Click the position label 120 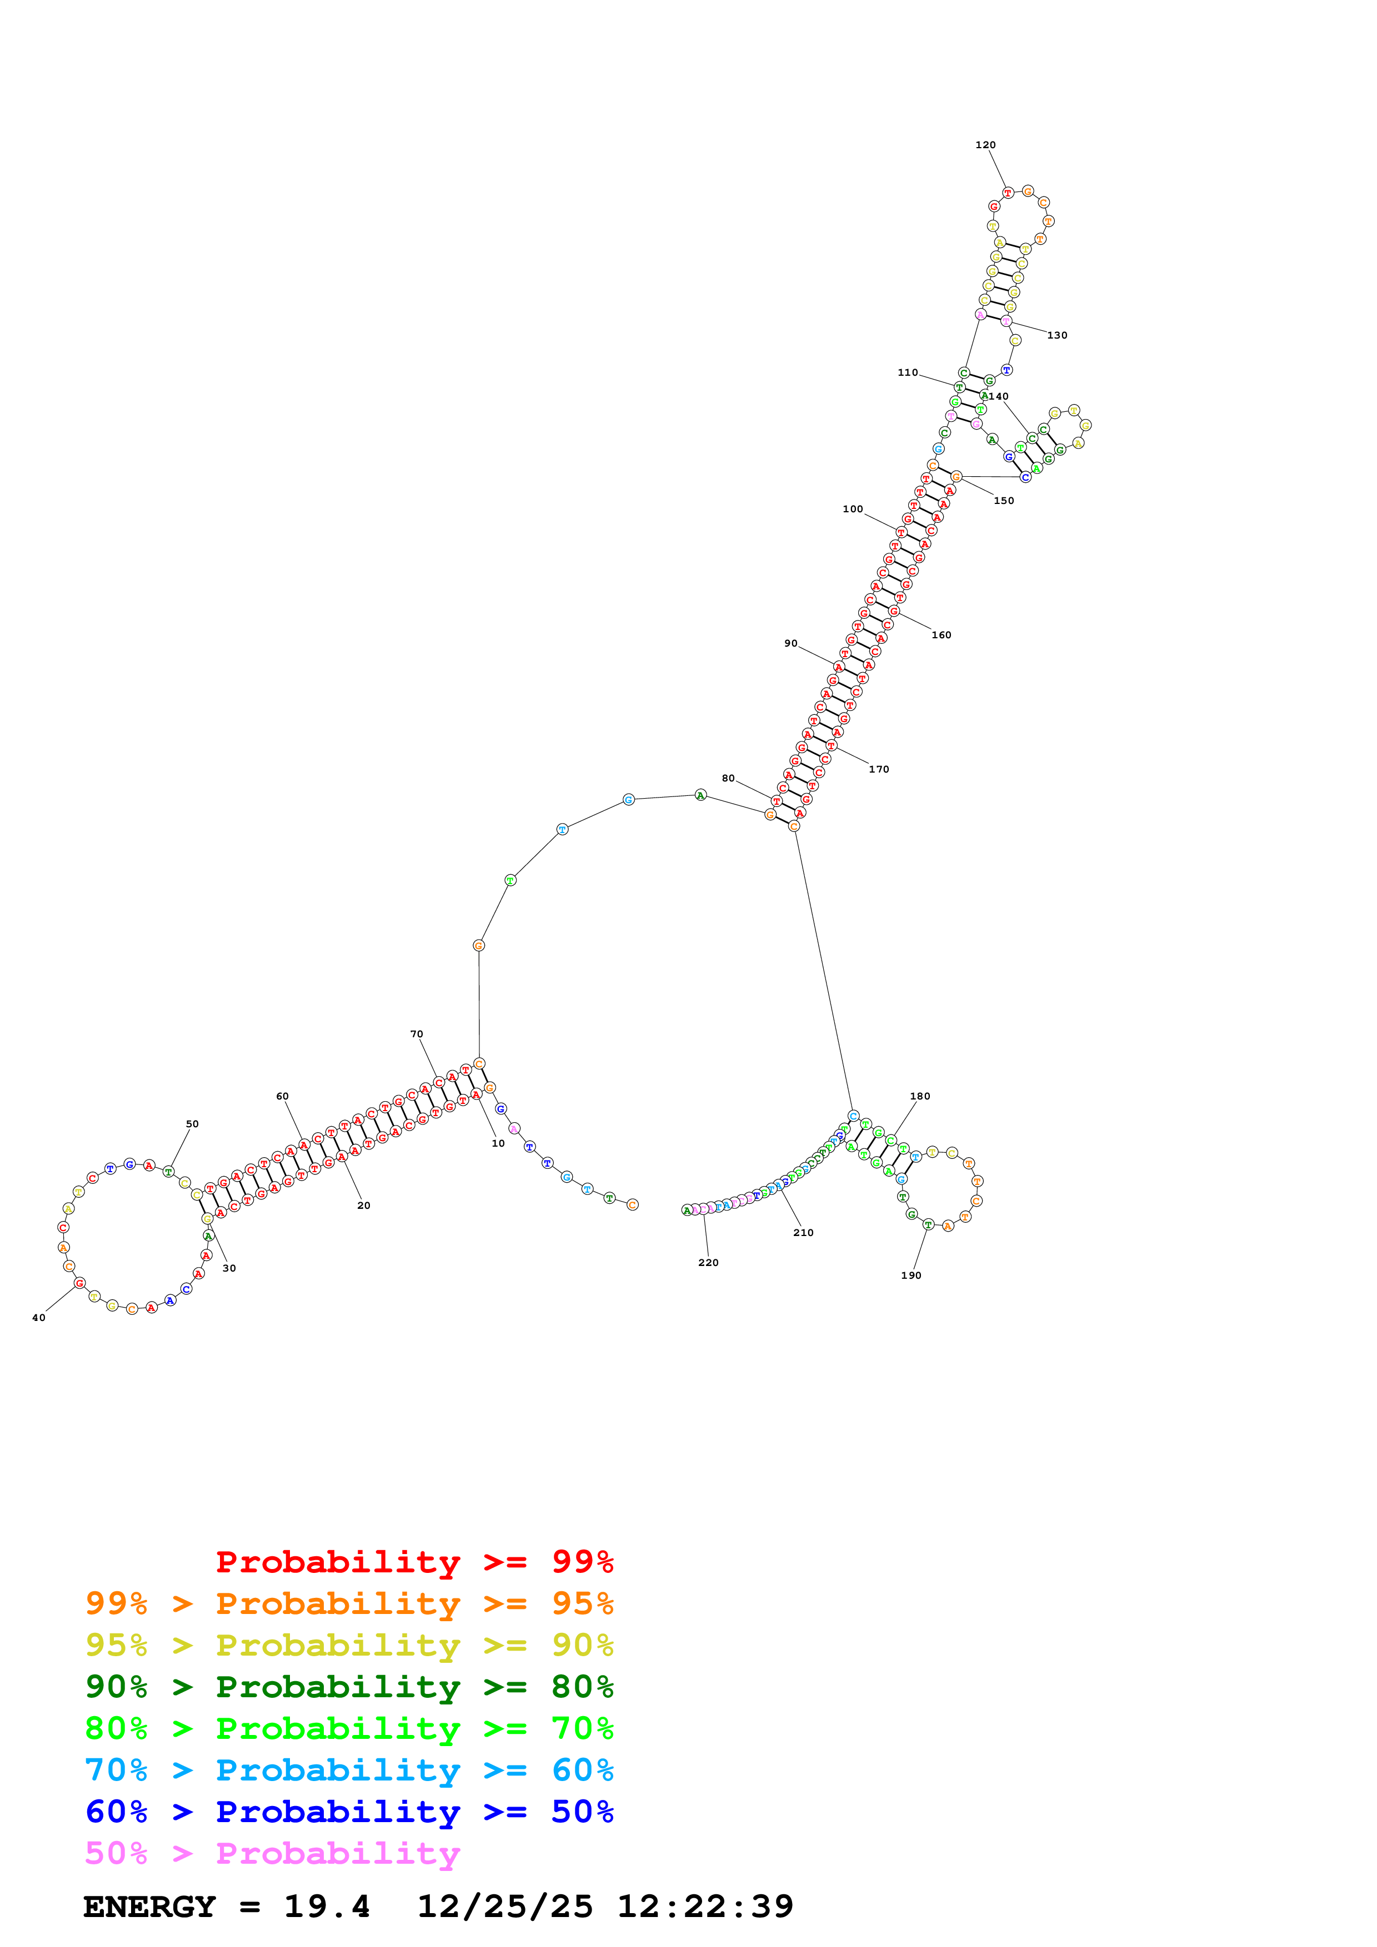985,145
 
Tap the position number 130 1057,335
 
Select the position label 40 38,1318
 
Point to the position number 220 708,1263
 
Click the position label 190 911,1275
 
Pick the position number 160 942,635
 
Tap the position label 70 417,1035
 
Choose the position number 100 853,509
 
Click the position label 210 803,1233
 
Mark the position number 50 193,1124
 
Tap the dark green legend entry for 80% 349,1687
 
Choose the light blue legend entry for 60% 349,1770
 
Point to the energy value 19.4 327,1906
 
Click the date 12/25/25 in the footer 505,1906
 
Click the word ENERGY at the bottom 149,1906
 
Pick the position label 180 920,1097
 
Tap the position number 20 364,1206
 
